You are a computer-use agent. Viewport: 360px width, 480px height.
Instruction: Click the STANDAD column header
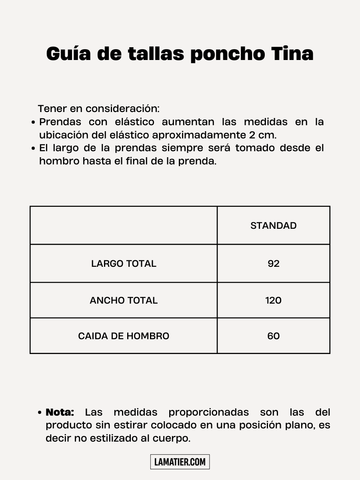[x=274, y=226]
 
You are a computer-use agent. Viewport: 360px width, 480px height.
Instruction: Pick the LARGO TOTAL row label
[x=124, y=264]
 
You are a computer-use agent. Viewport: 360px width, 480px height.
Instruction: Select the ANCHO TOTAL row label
[x=124, y=300]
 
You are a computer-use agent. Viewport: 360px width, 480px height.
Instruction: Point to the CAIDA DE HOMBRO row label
[x=124, y=336]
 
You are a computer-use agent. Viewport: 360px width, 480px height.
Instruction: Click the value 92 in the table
[x=274, y=264]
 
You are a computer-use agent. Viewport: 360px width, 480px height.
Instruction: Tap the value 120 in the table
[x=274, y=300]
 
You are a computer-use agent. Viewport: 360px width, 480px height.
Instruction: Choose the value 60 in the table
[x=274, y=336]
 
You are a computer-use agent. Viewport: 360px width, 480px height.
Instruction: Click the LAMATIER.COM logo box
[x=180, y=462]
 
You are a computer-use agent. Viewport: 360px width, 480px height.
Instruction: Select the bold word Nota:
[x=60, y=412]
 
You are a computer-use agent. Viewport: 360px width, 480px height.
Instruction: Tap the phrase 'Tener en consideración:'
[x=98, y=108]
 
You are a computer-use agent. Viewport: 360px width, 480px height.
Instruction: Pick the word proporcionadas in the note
[x=208, y=412]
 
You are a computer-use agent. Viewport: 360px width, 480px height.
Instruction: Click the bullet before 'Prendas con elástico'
[x=34, y=122]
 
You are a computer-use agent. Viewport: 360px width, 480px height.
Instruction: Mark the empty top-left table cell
[x=124, y=226]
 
